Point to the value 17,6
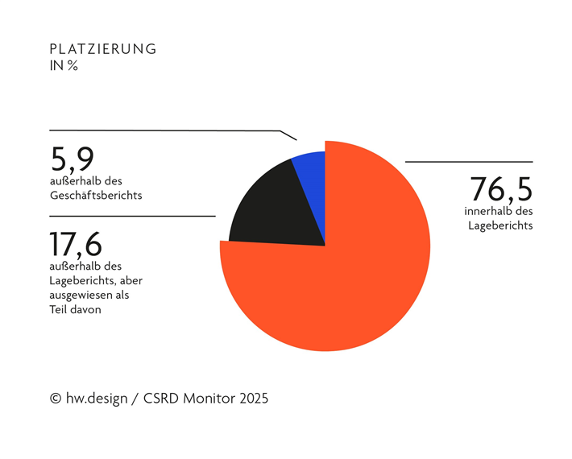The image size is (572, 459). pos(76,244)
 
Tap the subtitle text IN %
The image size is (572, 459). pos(64,66)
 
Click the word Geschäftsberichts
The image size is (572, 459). pos(96,195)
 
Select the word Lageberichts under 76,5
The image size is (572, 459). pos(500,225)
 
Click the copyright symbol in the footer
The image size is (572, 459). pos(56,399)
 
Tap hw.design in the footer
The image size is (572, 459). pos(97,399)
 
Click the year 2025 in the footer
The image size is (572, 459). pos(252,399)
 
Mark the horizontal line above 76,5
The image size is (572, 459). pos(468,162)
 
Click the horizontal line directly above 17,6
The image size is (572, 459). pos(132,216)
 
